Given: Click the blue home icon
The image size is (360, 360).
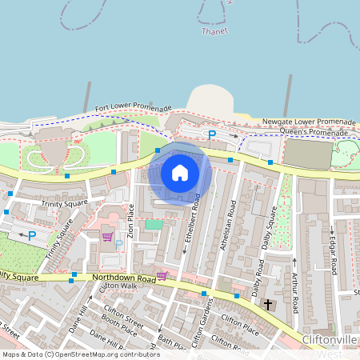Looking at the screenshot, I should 180,173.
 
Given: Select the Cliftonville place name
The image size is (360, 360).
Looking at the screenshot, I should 329,340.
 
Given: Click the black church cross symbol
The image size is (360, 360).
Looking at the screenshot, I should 266,306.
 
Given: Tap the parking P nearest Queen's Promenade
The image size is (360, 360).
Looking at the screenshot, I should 212,135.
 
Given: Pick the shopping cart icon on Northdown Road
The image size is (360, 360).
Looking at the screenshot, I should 162,276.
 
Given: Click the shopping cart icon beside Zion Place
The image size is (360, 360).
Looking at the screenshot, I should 106,236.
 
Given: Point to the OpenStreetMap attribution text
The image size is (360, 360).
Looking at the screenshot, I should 81,354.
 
